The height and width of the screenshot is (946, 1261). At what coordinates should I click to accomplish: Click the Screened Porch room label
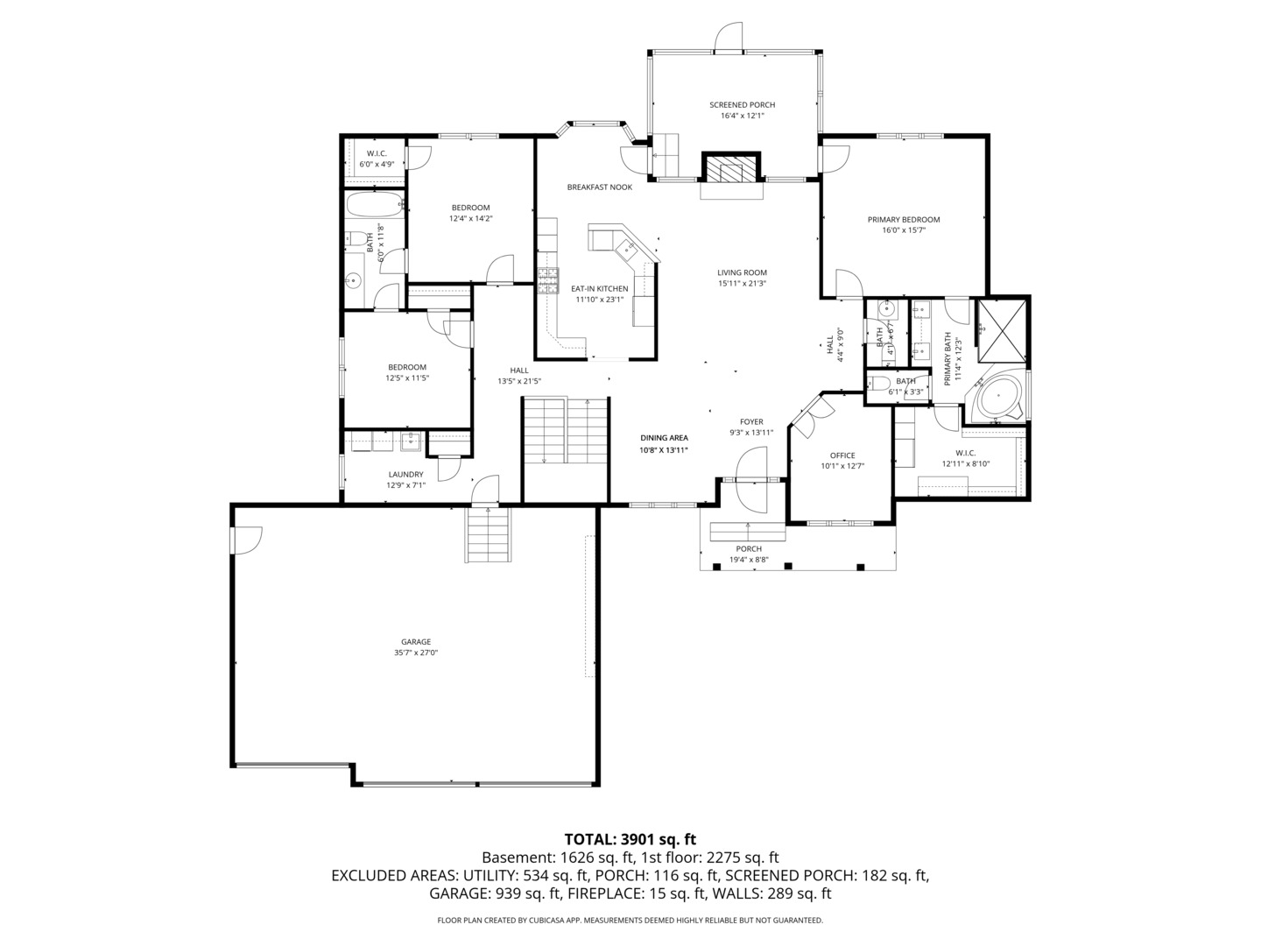pos(742,105)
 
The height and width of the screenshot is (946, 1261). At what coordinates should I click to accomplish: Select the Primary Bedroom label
pos(904,220)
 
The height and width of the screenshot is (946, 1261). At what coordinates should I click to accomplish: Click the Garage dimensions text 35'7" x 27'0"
pos(416,653)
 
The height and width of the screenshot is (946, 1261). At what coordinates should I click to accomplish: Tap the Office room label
pos(842,455)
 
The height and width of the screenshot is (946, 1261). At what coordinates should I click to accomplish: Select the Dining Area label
pos(664,438)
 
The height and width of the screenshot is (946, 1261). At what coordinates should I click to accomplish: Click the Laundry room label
pos(405,475)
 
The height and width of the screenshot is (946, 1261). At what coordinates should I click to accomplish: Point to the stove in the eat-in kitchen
pos(548,279)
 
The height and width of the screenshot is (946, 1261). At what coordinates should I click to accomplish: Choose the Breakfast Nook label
pos(599,187)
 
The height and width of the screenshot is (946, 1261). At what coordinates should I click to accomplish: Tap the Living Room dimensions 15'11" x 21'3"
pos(742,284)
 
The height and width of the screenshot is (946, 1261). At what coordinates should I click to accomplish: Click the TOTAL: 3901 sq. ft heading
pos(630,839)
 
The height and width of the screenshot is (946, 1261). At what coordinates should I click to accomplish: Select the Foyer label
pos(751,421)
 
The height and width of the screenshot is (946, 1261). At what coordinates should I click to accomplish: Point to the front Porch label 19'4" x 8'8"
pos(749,560)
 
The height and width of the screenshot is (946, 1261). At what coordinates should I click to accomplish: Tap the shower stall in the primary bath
pos(1002,329)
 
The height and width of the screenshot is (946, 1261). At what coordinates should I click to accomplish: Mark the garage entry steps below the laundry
pos(488,534)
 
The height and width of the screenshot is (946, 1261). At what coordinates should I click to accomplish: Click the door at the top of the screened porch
pos(729,37)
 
